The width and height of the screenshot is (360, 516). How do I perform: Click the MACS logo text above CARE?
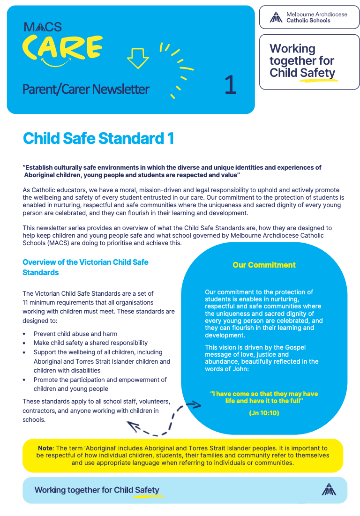point(43,27)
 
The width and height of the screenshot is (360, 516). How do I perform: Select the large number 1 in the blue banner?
point(230,85)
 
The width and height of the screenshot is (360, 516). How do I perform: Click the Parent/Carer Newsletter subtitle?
point(86,89)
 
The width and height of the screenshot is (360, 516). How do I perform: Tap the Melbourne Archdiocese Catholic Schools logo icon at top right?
point(276,18)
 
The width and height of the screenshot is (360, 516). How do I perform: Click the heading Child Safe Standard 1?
point(98,138)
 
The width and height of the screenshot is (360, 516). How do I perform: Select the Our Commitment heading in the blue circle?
point(264,265)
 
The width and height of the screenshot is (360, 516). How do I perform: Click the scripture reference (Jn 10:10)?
point(264,413)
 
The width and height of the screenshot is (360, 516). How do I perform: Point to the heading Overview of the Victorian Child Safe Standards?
point(85,267)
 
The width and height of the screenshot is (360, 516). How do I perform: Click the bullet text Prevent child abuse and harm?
point(75,334)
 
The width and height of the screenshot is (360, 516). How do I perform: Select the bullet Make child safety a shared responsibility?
point(90,343)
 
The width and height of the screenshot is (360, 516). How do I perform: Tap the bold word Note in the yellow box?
point(45,449)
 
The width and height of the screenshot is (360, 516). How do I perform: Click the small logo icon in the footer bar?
point(329,489)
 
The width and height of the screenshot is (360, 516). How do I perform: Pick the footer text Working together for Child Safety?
point(97,490)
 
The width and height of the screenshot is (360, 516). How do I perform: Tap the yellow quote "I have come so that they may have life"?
point(264,397)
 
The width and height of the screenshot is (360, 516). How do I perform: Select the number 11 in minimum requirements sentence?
point(25,302)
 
